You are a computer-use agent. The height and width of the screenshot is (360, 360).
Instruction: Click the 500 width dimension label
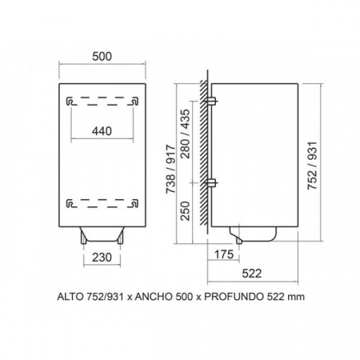tap(102, 57)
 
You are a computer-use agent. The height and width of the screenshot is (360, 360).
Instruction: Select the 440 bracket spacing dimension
tap(102, 131)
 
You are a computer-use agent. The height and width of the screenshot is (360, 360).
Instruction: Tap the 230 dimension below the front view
tap(102, 258)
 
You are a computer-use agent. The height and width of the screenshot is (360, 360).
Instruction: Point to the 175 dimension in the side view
tap(224, 254)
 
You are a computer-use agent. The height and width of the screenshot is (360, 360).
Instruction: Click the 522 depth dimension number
tap(252, 274)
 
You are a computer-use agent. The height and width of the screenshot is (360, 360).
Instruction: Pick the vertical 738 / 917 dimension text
tap(170, 169)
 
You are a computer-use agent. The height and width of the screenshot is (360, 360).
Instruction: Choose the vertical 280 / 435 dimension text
tap(186, 134)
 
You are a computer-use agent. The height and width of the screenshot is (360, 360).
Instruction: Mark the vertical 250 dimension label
tap(186, 211)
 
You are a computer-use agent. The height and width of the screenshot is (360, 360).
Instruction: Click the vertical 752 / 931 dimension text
tap(312, 166)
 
